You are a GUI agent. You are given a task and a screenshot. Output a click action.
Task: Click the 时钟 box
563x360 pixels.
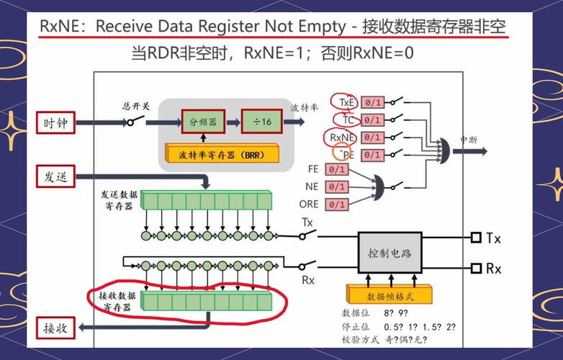click(56, 123)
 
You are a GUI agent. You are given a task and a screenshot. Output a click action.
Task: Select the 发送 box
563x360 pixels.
click(56, 176)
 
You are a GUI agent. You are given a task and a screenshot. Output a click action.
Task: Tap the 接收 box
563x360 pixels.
click(56, 328)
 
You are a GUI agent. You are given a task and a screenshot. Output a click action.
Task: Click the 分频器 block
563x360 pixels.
click(203, 122)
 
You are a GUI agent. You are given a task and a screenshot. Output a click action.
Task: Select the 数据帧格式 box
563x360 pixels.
click(389, 295)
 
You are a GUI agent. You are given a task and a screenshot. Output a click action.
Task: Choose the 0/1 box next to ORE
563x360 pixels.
click(336, 204)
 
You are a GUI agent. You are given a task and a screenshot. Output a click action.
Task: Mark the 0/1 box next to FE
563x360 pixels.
click(336, 170)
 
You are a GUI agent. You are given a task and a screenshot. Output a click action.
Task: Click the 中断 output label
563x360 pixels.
click(469, 140)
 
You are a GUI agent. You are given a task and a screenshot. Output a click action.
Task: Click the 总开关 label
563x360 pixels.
click(135, 106)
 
